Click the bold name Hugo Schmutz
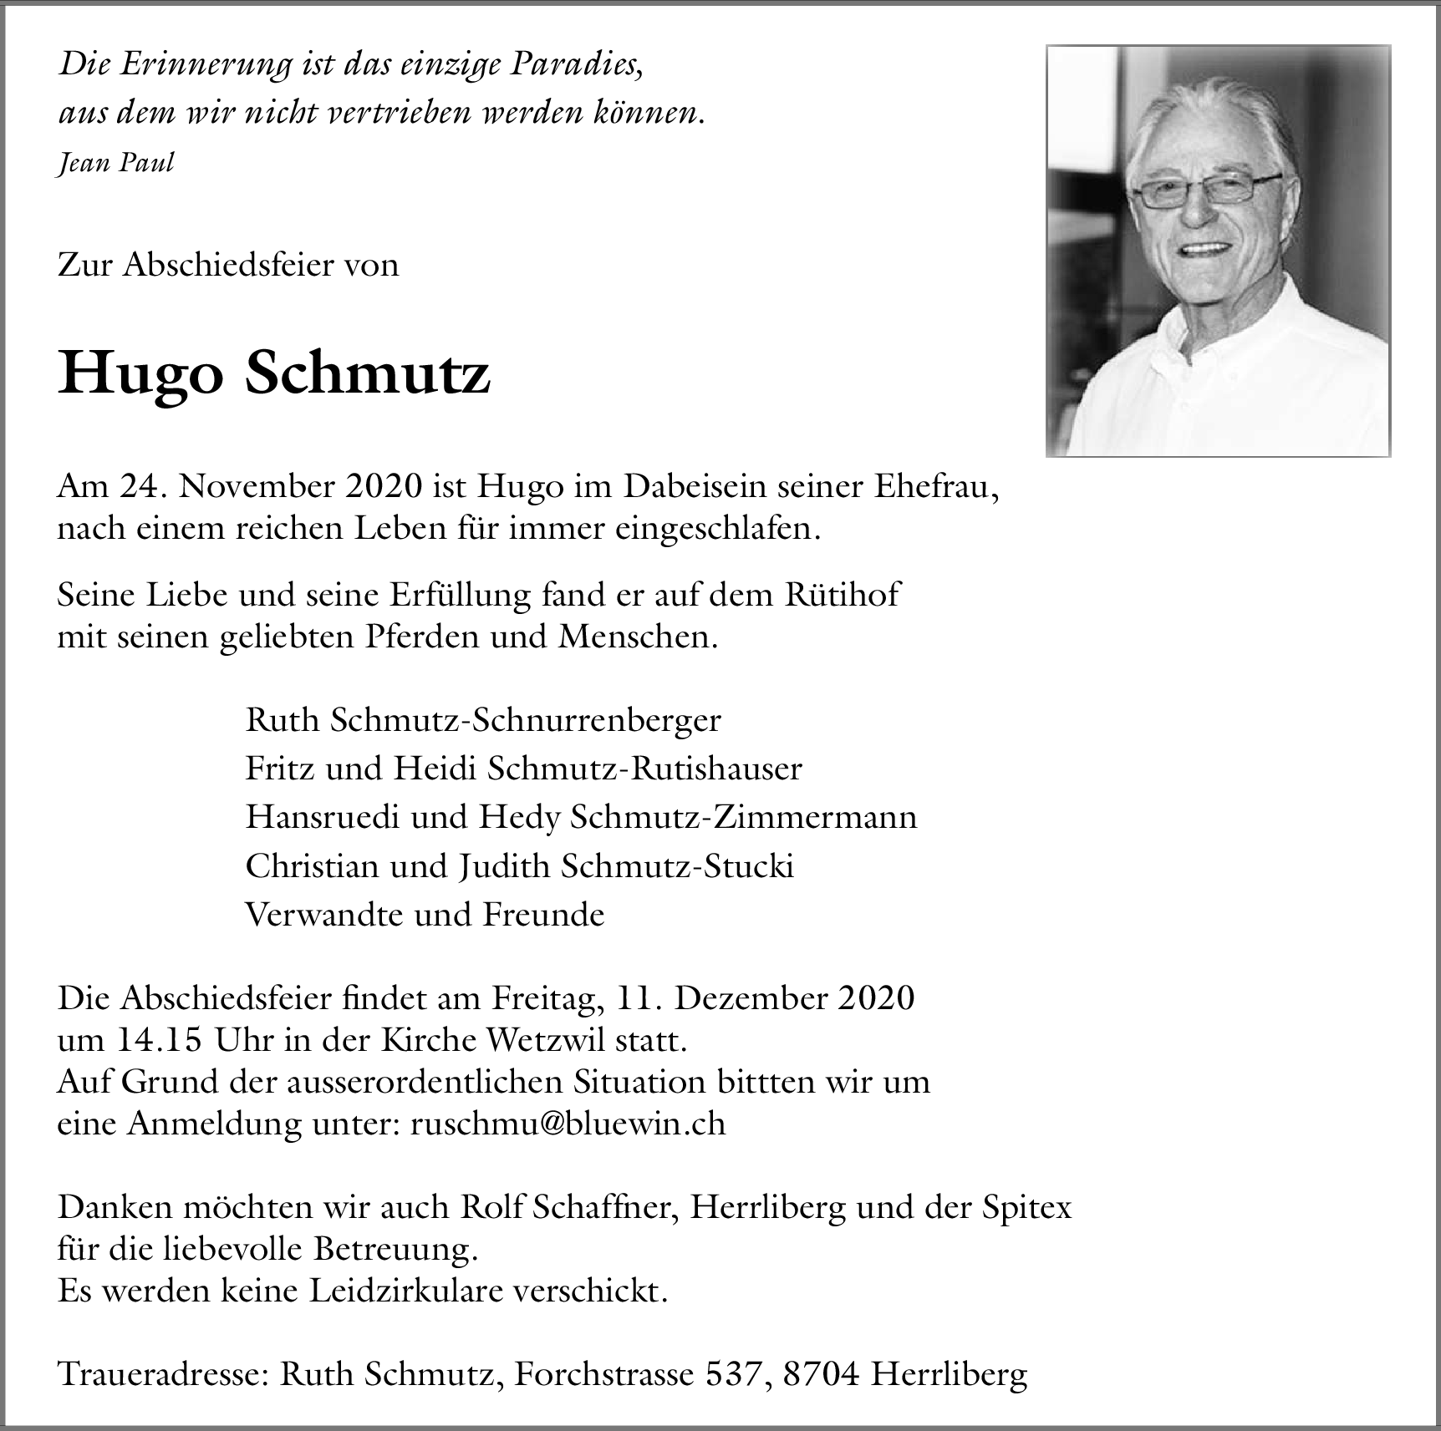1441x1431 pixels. click(x=274, y=375)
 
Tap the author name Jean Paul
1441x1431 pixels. click(x=116, y=162)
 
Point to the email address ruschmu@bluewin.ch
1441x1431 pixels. click(x=568, y=1124)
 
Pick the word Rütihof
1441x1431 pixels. click(x=842, y=595)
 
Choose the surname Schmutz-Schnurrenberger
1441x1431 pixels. click(x=525, y=719)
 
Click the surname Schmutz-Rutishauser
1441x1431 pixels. click(x=644, y=768)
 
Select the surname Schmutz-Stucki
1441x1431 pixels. click(x=677, y=865)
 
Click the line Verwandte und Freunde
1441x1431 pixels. click(x=425, y=915)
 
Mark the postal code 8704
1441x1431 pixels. click(x=821, y=1373)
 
